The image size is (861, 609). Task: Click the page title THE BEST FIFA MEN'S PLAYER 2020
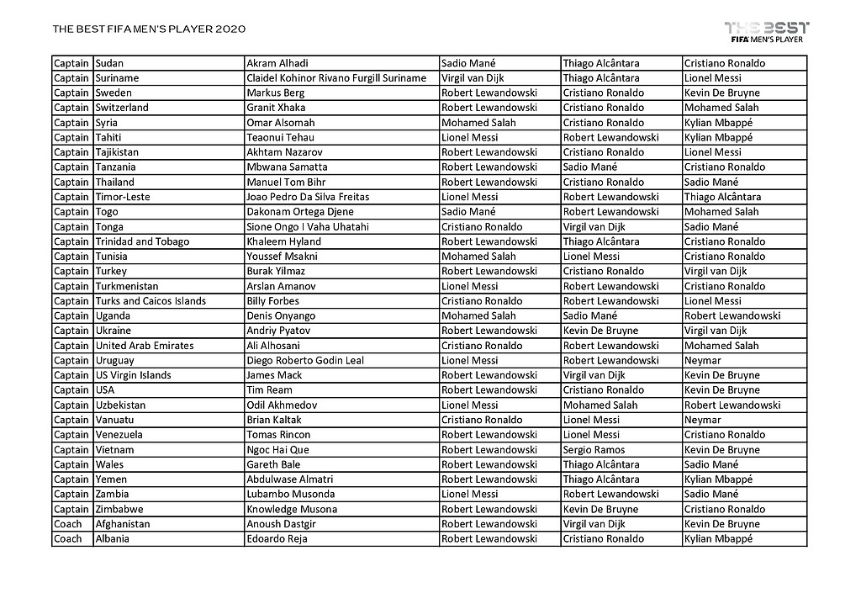click(149, 29)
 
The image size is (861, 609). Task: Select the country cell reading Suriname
click(118, 78)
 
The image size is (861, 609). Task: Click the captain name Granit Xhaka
click(276, 108)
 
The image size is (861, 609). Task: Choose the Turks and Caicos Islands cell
click(151, 301)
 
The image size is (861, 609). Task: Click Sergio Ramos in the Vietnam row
click(594, 450)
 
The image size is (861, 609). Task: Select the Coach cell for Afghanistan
click(68, 524)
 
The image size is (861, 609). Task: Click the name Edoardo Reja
click(277, 539)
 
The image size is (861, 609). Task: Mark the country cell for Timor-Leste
click(123, 197)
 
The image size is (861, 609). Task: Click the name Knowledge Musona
click(292, 510)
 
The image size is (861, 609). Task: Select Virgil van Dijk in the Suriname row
click(474, 78)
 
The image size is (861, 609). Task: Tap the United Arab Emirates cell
click(145, 346)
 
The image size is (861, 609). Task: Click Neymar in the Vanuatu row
click(702, 420)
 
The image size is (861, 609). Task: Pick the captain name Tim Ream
click(269, 390)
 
